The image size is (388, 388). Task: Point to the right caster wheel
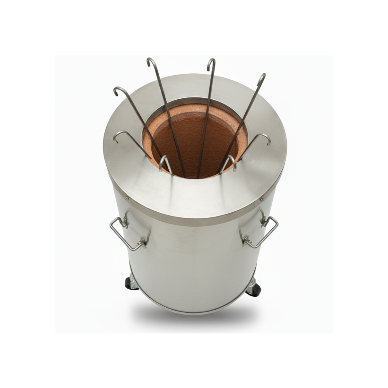[255, 289]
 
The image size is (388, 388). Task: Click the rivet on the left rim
[127, 197]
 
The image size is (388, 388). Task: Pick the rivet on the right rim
[262, 199]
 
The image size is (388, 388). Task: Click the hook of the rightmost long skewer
[262, 77]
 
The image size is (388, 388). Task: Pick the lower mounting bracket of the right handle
[247, 241]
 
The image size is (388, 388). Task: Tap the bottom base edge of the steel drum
[194, 313]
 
